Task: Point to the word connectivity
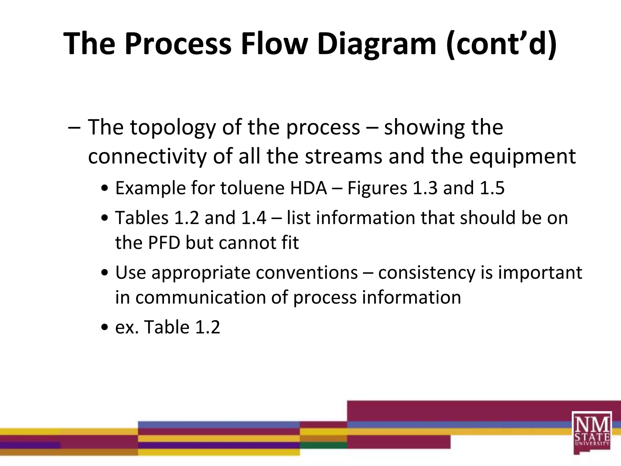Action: pyautogui.click(x=147, y=157)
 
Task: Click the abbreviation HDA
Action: pyautogui.click(x=308, y=188)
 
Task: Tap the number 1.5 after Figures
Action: pyautogui.click(x=492, y=188)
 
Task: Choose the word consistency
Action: pyautogui.click(x=427, y=272)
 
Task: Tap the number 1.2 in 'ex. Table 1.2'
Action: pyautogui.click(x=207, y=327)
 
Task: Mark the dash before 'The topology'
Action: pyautogui.click(x=75, y=127)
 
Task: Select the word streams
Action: pyautogui.click(x=344, y=157)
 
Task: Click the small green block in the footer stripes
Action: pyautogui.click(x=323, y=445)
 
